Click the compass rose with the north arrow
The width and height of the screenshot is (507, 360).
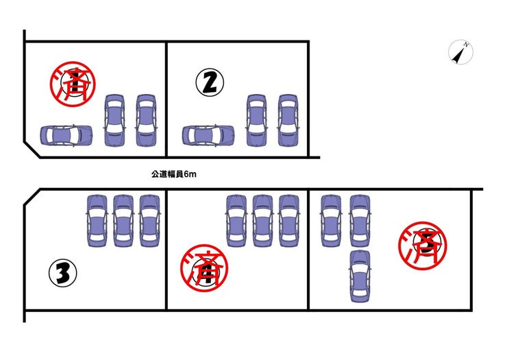click(461, 52)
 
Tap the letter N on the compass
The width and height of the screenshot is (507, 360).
click(466, 45)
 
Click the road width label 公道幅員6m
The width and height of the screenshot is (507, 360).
click(173, 174)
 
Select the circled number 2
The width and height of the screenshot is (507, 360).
click(210, 82)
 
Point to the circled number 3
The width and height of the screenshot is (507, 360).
click(63, 273)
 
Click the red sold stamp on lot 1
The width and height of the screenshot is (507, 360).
click(73, 84)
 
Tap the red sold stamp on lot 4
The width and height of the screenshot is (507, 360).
click(204, 268)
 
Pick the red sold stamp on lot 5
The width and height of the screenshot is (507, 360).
click(422, 245)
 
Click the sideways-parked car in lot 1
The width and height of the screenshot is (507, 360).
click(66, 135)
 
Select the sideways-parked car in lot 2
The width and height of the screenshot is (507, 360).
click(208, 135)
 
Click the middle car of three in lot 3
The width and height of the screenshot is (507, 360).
click(123, 221)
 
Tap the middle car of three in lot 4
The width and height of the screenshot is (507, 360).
click(262, 221)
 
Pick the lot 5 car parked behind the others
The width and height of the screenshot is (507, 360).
click(360, 276)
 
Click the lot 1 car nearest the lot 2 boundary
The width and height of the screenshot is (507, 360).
click(146, 121)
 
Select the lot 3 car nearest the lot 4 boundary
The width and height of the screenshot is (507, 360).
click(149, 221)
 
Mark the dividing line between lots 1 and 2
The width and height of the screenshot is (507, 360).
click(166, 99)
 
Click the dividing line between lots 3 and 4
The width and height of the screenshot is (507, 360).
click(166, 250)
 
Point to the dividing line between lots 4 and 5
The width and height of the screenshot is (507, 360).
click(308, 250)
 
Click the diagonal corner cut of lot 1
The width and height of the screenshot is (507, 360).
click(32, 149)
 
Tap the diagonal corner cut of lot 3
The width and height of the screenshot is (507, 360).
click(32, 197)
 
